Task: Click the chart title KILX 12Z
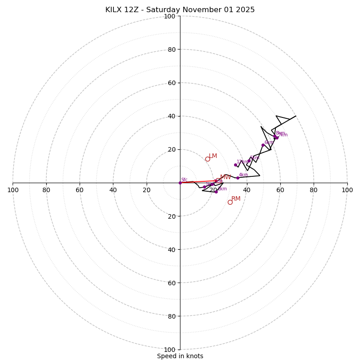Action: (180, 10)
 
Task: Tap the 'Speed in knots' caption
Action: (180, 356)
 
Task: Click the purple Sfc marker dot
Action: (180, 183)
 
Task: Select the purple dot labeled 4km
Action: (238, 178)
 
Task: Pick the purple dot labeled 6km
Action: (263, 145)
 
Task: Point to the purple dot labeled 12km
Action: (235, 165)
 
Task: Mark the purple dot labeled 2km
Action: (216, 192)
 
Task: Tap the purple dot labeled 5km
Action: (249, 161)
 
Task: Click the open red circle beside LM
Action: (207, 159)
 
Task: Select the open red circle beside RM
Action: (230, 202)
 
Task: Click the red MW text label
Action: (225, 177)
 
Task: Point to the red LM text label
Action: (213, 156)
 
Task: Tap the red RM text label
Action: (236, 199)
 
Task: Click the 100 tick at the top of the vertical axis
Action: (169, 16)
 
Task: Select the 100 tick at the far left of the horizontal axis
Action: (13, 190)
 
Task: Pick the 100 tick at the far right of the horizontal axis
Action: (347, 190)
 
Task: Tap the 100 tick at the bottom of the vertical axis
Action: (169, 349)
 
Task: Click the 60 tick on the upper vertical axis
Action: (171, 83)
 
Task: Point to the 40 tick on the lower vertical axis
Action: (171, 249)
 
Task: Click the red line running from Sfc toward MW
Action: (198, 181)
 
